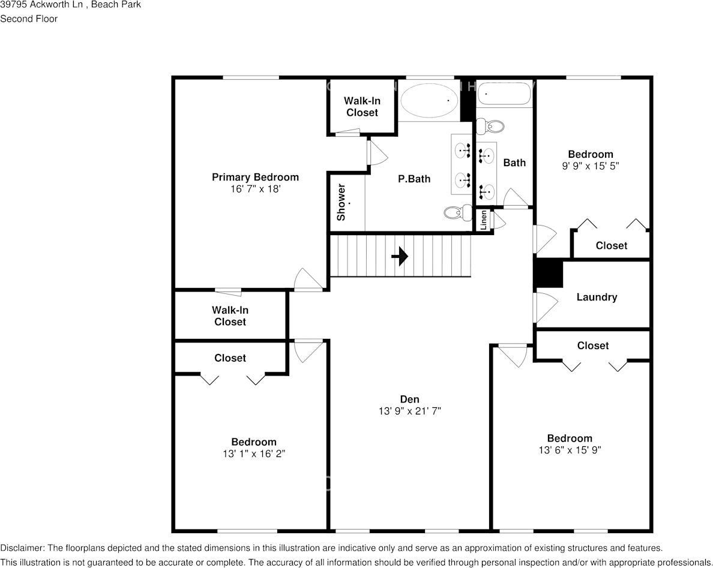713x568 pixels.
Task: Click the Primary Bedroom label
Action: coord(255,177)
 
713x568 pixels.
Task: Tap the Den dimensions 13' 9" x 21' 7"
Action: coord(410,411)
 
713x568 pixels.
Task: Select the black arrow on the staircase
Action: coord(400,257)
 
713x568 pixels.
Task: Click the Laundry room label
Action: coord(597,297)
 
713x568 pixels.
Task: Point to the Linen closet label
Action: coord(484,220)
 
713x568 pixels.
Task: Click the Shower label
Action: coord(341,202)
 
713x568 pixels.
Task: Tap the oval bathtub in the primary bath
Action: coord(429,101)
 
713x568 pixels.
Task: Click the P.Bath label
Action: coord(414,179)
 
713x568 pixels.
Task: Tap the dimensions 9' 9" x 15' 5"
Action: coord(591,166)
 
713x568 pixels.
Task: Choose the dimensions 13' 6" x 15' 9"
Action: coord(569,450)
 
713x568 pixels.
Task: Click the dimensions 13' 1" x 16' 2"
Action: coord(254,454)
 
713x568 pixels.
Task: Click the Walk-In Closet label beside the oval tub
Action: coord(362,107)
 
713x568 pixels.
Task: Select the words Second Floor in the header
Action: coord(29,19)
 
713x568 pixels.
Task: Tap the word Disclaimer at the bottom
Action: coord(22,548)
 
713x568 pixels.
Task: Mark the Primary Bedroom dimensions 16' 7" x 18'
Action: coord(255,189)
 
